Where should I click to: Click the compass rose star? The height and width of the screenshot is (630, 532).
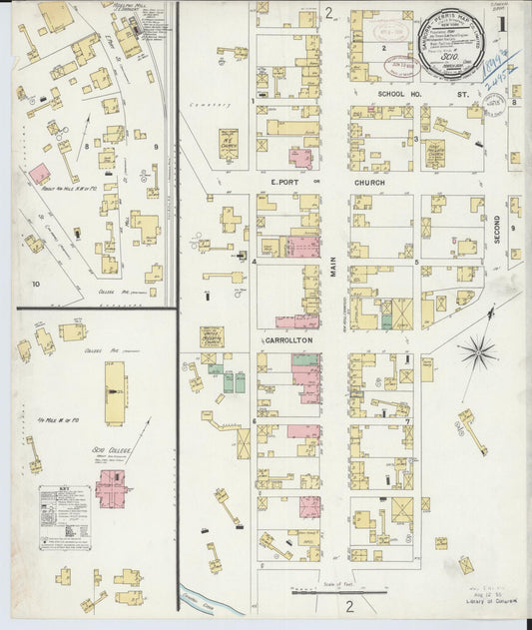[x=476, y=351]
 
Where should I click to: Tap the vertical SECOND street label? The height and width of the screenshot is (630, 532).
[x=496, y=230]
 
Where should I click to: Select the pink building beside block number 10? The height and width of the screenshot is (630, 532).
[x=39, y=174]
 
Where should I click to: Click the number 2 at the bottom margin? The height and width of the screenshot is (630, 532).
[x=350, y=606]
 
